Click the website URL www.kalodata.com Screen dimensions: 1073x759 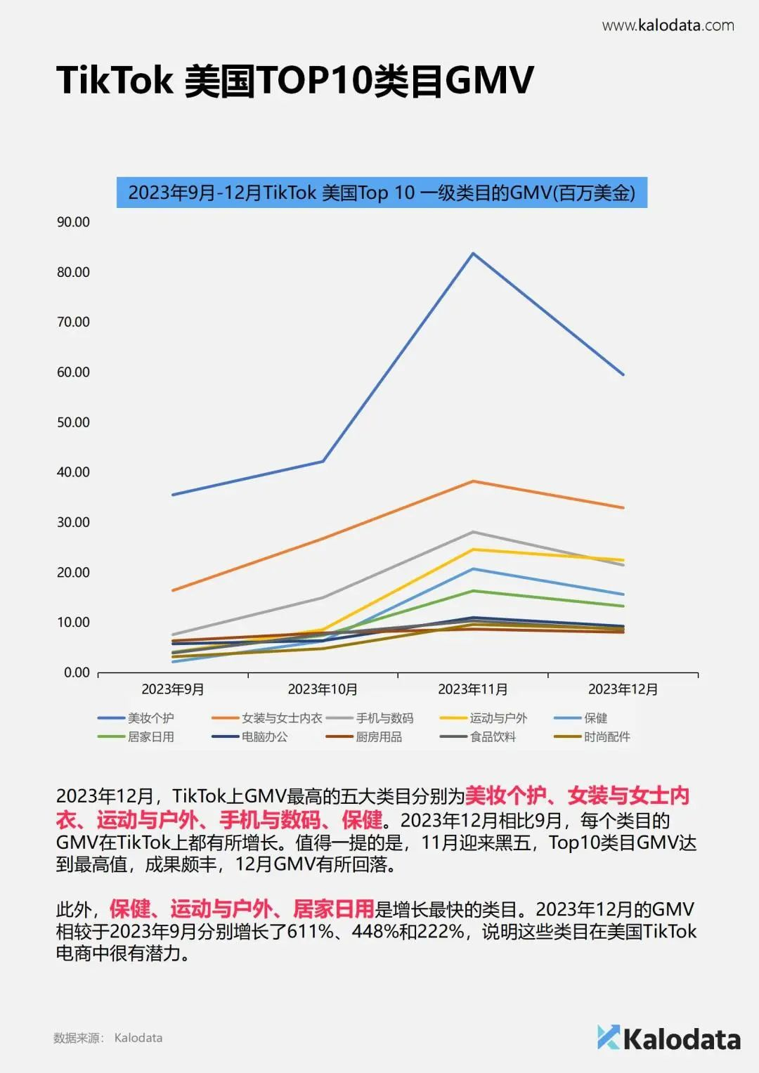pos(668,25)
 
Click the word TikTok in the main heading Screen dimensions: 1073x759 pos(115,80)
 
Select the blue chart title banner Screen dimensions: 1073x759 pos(382,193)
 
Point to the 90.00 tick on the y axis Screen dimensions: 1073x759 pos(73,222)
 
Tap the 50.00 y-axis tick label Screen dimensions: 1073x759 pos(73,422)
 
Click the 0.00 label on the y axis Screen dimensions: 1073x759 pos(77,672)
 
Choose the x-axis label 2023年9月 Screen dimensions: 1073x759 pos(173,689)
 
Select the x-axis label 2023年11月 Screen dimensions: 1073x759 pos(472,689)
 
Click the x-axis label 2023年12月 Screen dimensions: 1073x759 pos(623,689)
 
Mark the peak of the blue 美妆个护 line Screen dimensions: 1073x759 pos(473,253)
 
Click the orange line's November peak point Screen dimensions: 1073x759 pos(473,481)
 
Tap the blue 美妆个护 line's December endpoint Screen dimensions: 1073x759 pos(623,375)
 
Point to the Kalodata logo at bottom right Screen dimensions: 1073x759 pos(668,1039)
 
